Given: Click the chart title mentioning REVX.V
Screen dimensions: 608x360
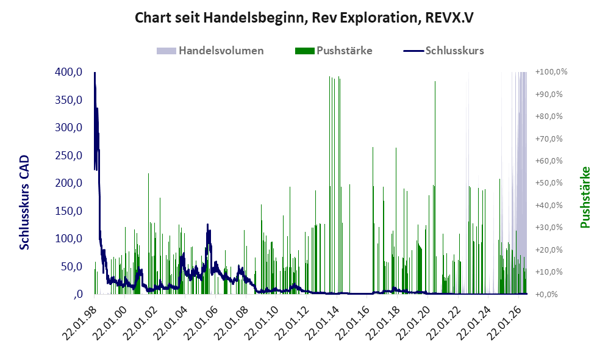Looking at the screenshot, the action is click(x=304, y=18).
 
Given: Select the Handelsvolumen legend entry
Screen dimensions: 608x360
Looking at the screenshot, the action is click(x=210, y=51).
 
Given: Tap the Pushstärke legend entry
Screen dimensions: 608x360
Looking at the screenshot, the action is click(x=334, y=51).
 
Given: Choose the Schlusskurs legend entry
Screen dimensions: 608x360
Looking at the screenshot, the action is click(x=443, y=51).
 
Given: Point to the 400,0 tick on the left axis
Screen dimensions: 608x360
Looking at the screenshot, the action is click(x=68, y=72).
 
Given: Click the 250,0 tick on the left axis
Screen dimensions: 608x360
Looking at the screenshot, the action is click(x=68, y=155).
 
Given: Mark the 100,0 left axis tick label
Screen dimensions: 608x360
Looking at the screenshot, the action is click(x=68, y=239).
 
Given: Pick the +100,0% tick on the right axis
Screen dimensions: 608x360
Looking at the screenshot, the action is click(x=551, y=72).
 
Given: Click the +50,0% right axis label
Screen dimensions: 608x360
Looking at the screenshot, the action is click(x=549, y=182).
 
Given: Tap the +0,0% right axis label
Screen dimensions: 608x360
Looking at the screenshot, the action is click(x=547, y=294).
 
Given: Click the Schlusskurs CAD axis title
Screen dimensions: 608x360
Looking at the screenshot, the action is click(x=24, y=202).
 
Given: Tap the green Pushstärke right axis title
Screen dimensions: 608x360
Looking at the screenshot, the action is click(x=585, y=197).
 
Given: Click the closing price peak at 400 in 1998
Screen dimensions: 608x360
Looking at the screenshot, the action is click(x=95, y=73).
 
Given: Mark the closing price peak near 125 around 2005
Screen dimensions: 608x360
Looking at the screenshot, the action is click(x=208, y=224).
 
